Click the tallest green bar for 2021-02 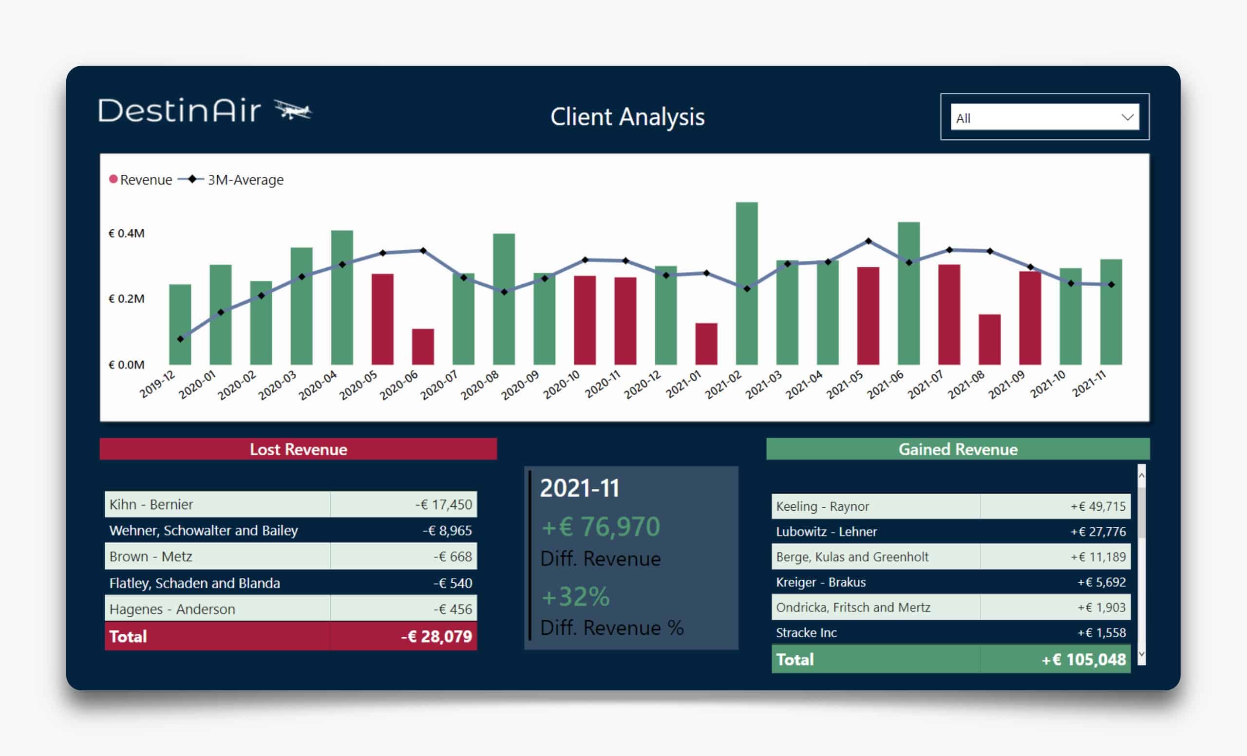coord(746,283)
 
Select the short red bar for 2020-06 coord(423,347)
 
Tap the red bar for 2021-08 coord(989,339)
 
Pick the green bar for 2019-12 coord(180,324)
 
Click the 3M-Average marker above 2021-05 coord(869,241)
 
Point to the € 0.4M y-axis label coord(127,233)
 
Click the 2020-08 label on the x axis coord(480,385)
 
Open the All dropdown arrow coord(1127,117)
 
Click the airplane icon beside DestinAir coord(293,110)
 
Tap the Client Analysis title coord(627,117)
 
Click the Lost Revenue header coord(298,449)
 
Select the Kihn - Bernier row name coord(151,504)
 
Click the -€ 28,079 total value coord(436,636)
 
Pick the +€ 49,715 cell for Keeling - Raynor coord(1098,506)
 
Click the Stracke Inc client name coord(806,633)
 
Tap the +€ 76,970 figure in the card coord(601,526)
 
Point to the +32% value coord(575,597)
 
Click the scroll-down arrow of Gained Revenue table coord(1141,654)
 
